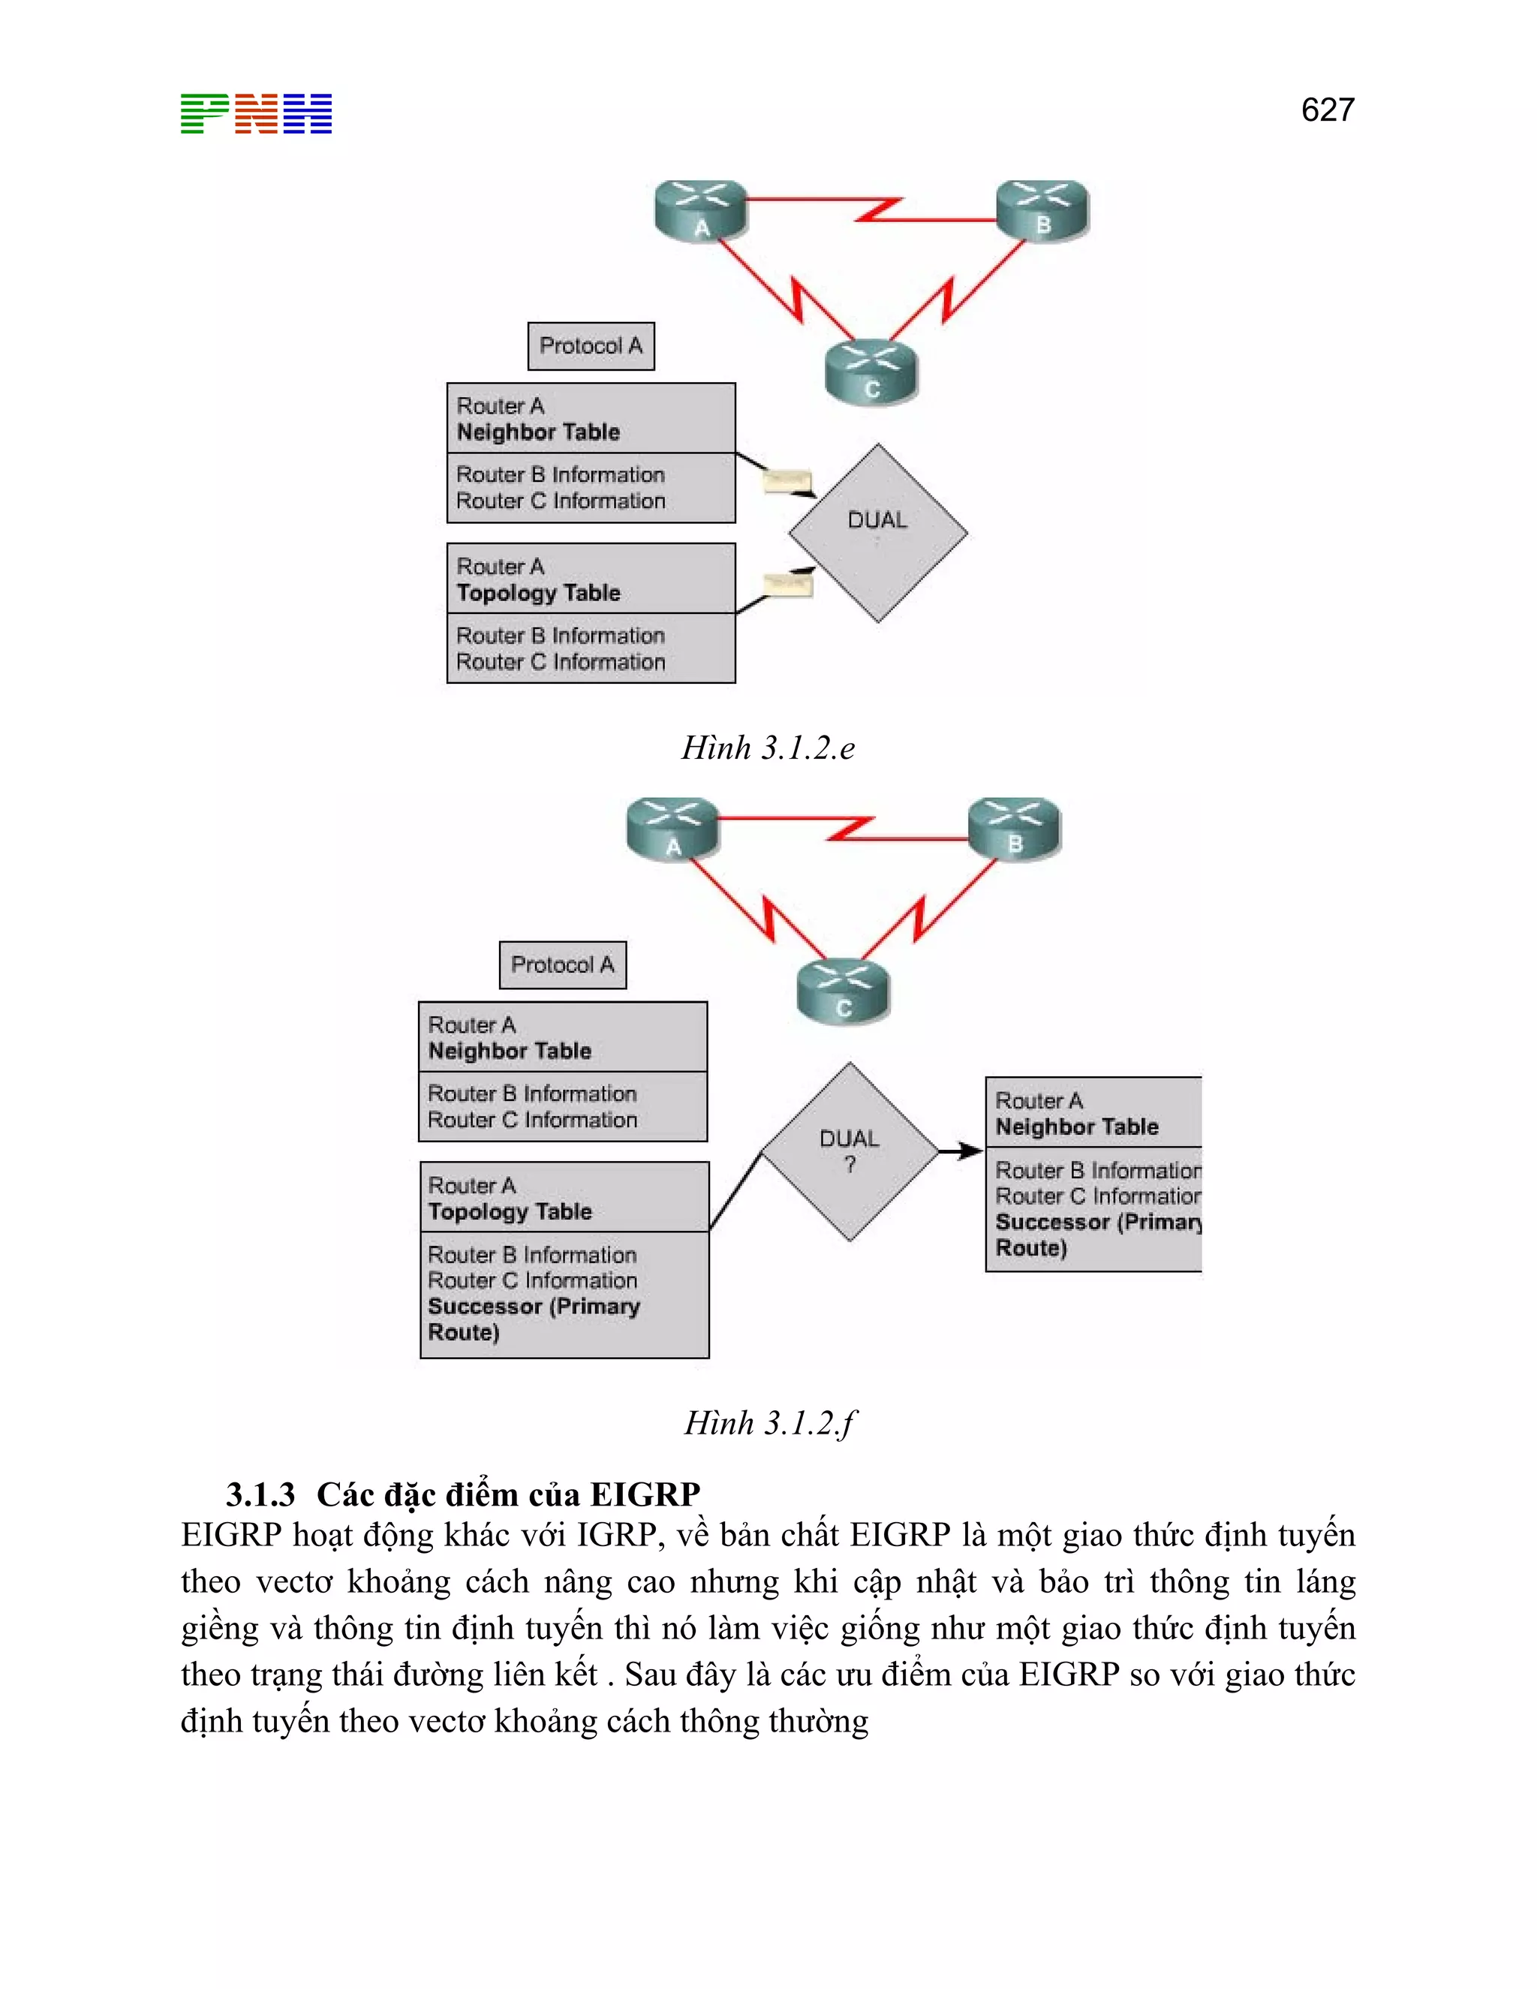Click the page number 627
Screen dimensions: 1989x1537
pos(1327,110)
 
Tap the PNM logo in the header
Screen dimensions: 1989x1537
pos(256,114)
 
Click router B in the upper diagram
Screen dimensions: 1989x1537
pos(1042,210)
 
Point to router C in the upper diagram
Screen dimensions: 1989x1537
pos(871,372)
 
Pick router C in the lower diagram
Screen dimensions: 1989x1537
pos(843,991)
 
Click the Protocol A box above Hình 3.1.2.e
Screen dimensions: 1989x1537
pos(591,346)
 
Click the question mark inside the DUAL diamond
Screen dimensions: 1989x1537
pos(850,1165)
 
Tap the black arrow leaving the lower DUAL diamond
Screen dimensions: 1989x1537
pos(961,1151)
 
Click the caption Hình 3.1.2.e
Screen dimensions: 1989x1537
pos(768,748)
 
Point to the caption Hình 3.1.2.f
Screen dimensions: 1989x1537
pos(769,1422)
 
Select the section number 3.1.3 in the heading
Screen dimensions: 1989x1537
pos(260,1494)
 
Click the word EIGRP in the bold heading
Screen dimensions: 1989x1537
pos(645,1494)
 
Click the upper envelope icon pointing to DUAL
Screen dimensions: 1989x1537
pos(787,480)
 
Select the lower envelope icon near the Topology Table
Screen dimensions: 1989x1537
pos(787,584)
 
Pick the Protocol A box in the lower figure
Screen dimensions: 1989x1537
pos(563,965)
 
